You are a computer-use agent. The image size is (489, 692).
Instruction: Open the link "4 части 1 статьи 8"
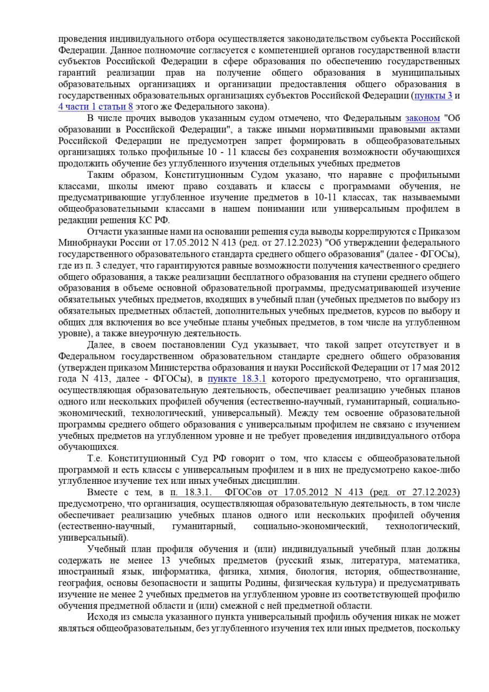[95, 107]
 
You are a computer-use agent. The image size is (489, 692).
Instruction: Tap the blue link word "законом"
[422, 118]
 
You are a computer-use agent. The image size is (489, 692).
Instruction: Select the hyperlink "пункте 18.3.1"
[237, 379]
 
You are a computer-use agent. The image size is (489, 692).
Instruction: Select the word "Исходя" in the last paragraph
[103, 617]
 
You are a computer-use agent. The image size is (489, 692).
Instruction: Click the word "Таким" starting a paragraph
[101, 175]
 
